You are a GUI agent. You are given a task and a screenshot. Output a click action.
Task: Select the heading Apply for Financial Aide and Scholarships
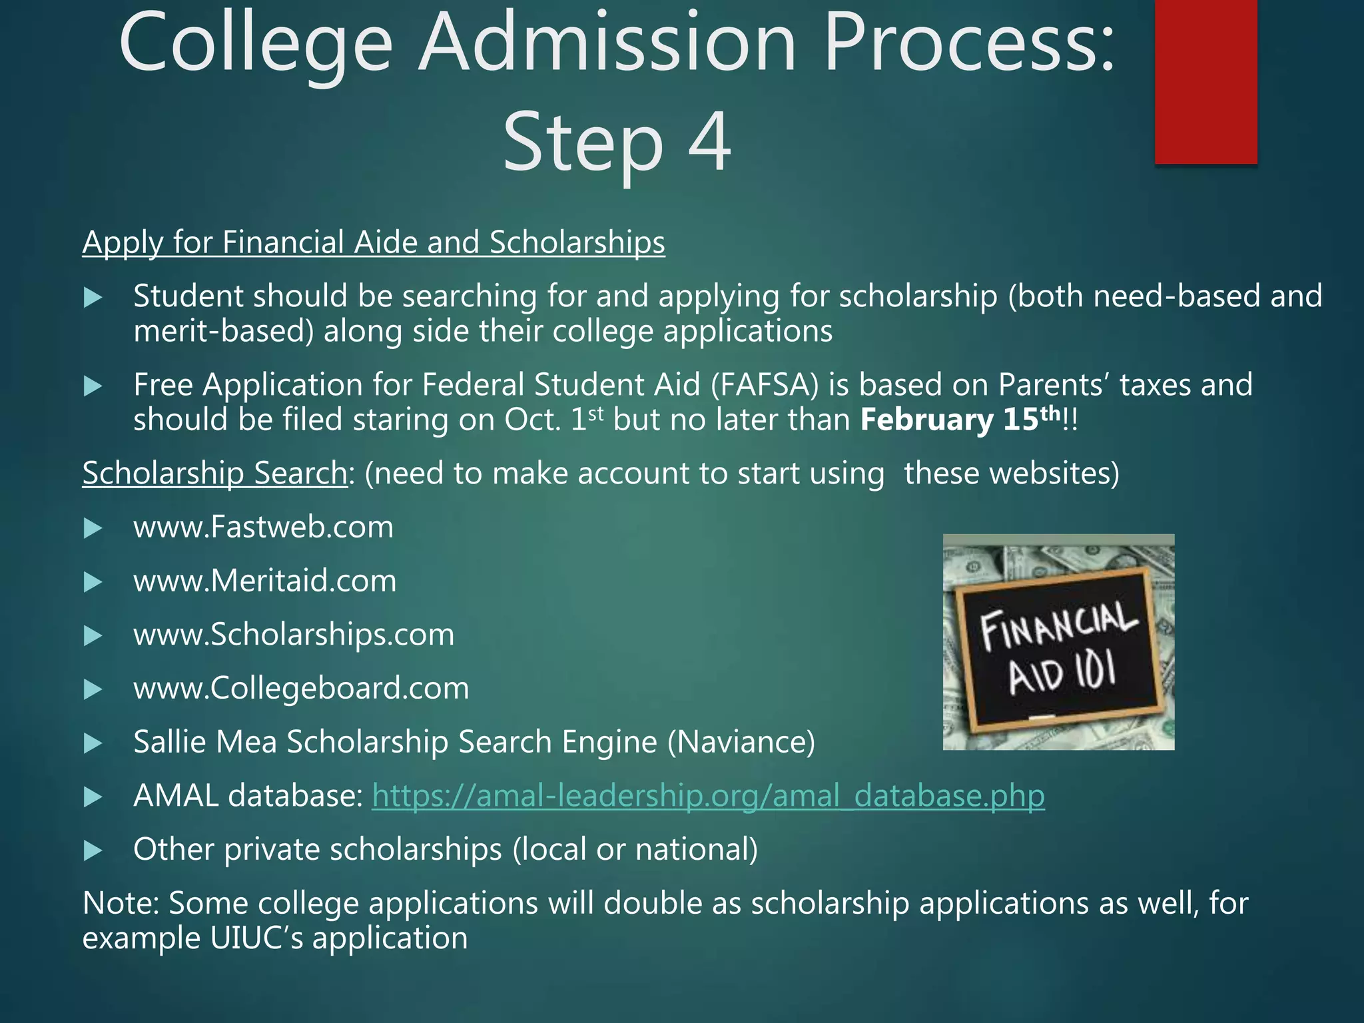[373, 242]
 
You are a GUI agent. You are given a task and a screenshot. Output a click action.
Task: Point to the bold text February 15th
[960, 420]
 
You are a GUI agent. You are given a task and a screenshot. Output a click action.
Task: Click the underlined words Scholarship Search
[214, 474]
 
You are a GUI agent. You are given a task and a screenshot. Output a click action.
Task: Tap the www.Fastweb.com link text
[263, 527]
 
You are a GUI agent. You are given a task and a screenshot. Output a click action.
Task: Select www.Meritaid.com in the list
[264, 581]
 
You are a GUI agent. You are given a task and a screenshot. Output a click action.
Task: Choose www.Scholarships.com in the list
[294, 635]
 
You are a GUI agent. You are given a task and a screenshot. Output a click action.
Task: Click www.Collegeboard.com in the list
[301, 689]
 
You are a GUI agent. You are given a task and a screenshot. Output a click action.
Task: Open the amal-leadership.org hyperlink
[708, 796]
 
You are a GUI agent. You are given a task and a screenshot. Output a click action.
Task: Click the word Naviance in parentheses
[741, 743]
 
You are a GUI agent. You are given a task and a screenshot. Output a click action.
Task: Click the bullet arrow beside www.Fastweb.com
[93, 529]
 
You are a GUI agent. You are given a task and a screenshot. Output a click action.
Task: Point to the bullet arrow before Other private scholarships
[93, 851]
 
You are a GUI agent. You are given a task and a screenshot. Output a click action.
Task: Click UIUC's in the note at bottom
[257, 938]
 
